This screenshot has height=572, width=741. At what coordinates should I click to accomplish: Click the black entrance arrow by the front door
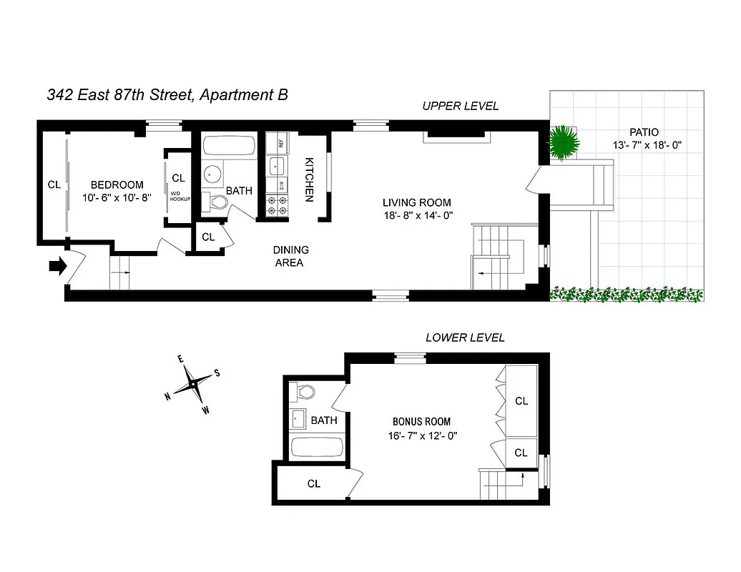[x=57, y=266]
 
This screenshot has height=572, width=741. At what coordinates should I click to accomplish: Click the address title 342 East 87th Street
[x=167, y=94]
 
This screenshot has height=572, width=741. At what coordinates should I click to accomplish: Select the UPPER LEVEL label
[x=460, y=106]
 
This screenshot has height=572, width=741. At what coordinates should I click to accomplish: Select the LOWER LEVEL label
[x=465, y=337]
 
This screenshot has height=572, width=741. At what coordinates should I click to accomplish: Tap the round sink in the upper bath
[x=212, y=174]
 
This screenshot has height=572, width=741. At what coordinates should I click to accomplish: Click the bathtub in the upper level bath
[x=228, y=147]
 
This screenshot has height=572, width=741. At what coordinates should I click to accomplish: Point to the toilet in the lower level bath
[x=304, y=392]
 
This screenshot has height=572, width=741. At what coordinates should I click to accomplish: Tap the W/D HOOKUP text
[x=179, y=195]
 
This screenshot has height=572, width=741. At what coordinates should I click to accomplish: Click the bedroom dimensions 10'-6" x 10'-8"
[x=117, y=198]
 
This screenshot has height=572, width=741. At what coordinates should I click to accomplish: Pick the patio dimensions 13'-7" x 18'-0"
[x=647, y=145]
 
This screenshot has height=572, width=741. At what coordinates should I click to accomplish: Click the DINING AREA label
[x=290, y=256]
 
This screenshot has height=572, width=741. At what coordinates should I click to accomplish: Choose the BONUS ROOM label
[x=421, y=421]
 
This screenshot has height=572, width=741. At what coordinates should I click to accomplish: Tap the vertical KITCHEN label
[x=310, y=179]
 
